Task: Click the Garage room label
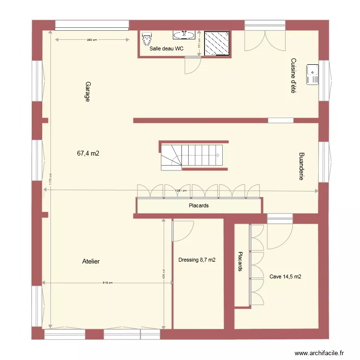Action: (88, 91)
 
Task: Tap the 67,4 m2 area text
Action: (88, 154)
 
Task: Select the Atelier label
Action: (91, 262)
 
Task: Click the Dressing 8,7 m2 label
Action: (197, 260)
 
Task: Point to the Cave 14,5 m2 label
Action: (286, 276)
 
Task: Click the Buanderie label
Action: (301, 167)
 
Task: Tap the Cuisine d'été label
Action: (293, 75)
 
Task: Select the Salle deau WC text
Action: (167, 48)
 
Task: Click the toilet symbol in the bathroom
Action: (146, 38)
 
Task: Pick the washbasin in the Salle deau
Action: (184, 34)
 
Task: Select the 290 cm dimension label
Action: (92, 40)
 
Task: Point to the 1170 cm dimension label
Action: (49, 179)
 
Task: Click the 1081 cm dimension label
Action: (180, 191)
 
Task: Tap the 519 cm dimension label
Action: (107, 283)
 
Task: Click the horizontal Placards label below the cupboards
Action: (199, 206)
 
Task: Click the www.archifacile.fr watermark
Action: (319, 353)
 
